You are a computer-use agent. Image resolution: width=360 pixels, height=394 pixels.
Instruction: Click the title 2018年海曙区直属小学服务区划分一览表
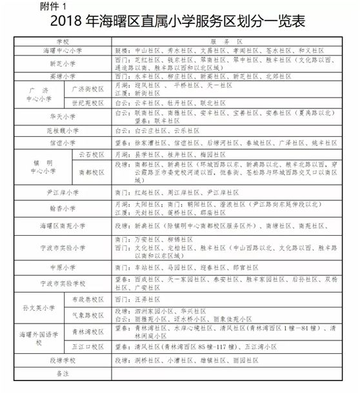[180, 22]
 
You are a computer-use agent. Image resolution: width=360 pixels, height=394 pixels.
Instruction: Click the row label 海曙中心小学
[62, 49]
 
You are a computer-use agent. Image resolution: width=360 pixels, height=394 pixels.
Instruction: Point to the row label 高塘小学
[62, 76]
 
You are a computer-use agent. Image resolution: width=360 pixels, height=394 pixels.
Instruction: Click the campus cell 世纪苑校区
[87, 103]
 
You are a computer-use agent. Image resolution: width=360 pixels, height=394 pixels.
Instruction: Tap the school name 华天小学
[62, 116]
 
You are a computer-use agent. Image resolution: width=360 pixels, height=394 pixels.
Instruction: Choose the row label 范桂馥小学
[62, 130]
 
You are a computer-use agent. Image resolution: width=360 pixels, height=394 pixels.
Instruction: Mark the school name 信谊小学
[62, 142]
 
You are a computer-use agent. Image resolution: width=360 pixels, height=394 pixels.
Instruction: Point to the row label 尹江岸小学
[62, 192]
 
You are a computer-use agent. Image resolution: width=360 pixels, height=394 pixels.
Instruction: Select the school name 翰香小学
[62, 208]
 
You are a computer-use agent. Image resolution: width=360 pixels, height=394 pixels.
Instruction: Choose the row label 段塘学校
[62, 359]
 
